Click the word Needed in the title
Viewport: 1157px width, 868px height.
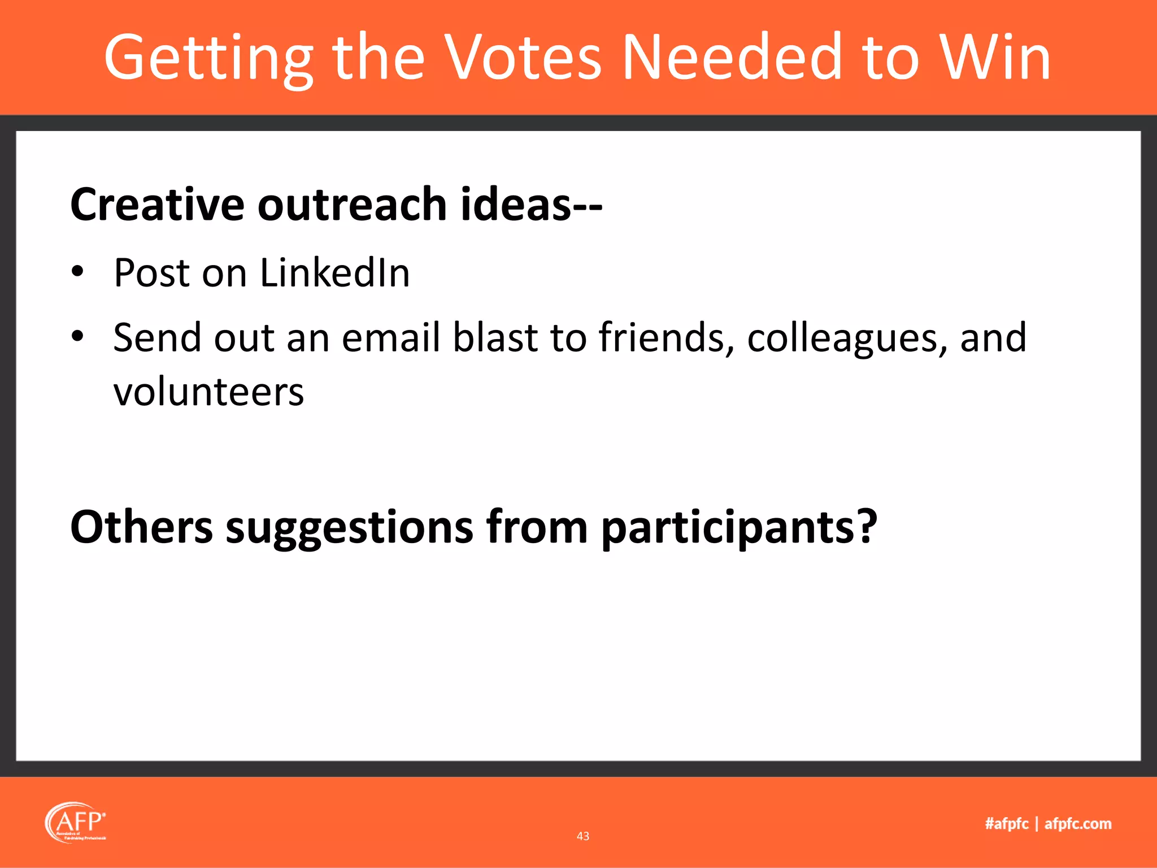click(x=732, y=58)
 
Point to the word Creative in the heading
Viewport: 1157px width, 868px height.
click(x=156, y=204)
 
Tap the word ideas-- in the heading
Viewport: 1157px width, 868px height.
click(x=531, y=204)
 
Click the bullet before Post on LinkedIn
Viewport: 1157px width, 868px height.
click(x=77, y=273)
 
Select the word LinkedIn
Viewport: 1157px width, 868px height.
click(x=334, y=273)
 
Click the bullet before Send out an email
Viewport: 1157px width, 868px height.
click(x=77, y=337)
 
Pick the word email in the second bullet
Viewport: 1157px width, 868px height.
click(x=390, y=337)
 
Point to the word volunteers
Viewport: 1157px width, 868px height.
click(x=208, y=392)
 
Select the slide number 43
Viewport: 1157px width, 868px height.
click(x=583, y=836)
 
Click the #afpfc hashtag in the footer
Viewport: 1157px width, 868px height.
click(x=1006, y=824)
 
